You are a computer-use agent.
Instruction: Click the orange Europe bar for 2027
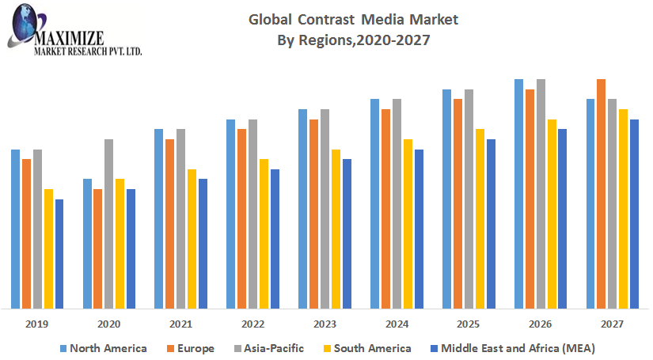click(x=602, y=194)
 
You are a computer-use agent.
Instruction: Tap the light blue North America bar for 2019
click(x=15, y=229)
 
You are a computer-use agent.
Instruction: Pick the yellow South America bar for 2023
click(x=336, y=229)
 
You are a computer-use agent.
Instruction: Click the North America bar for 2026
click(x=519, y=194)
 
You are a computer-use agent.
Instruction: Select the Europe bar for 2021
click(x=170, y=224)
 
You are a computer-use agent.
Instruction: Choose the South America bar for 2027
click(x=624, y=209)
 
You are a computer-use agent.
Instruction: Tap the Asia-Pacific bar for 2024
click(x=397, y=204)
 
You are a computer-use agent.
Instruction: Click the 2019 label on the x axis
click(x=37, y=324)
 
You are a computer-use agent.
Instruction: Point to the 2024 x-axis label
click(x=397, y=324)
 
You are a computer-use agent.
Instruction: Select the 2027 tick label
click(x=612, y=324)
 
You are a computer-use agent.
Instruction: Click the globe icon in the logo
click(x=23, y=18)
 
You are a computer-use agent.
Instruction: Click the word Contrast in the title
click(x=325, y=18)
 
